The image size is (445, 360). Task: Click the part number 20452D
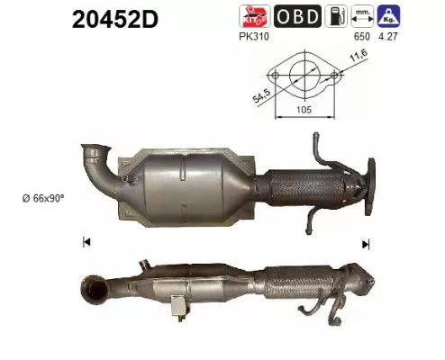pyautogui.click(x=115, y=20)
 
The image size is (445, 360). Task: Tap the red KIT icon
pyautogui.click(x=255, y=16)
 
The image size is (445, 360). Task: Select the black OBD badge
pyautogui.click(x=297, y=16)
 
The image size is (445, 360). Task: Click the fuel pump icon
pyautogui.click(x=336, y=16)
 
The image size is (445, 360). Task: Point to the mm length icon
pyautogui.click(x=362, y=16)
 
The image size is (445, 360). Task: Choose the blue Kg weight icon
pyautogui.click(x=389, y=16)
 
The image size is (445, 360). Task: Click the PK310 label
pyautogui.click(x=254, y=37)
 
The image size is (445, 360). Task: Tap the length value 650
pyautogui.click(x=362, y=37)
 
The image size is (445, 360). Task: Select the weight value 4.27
pyautogui.click(x=388, y=37)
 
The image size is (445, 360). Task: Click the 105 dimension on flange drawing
pyautogui.click(x=304, y=110)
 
